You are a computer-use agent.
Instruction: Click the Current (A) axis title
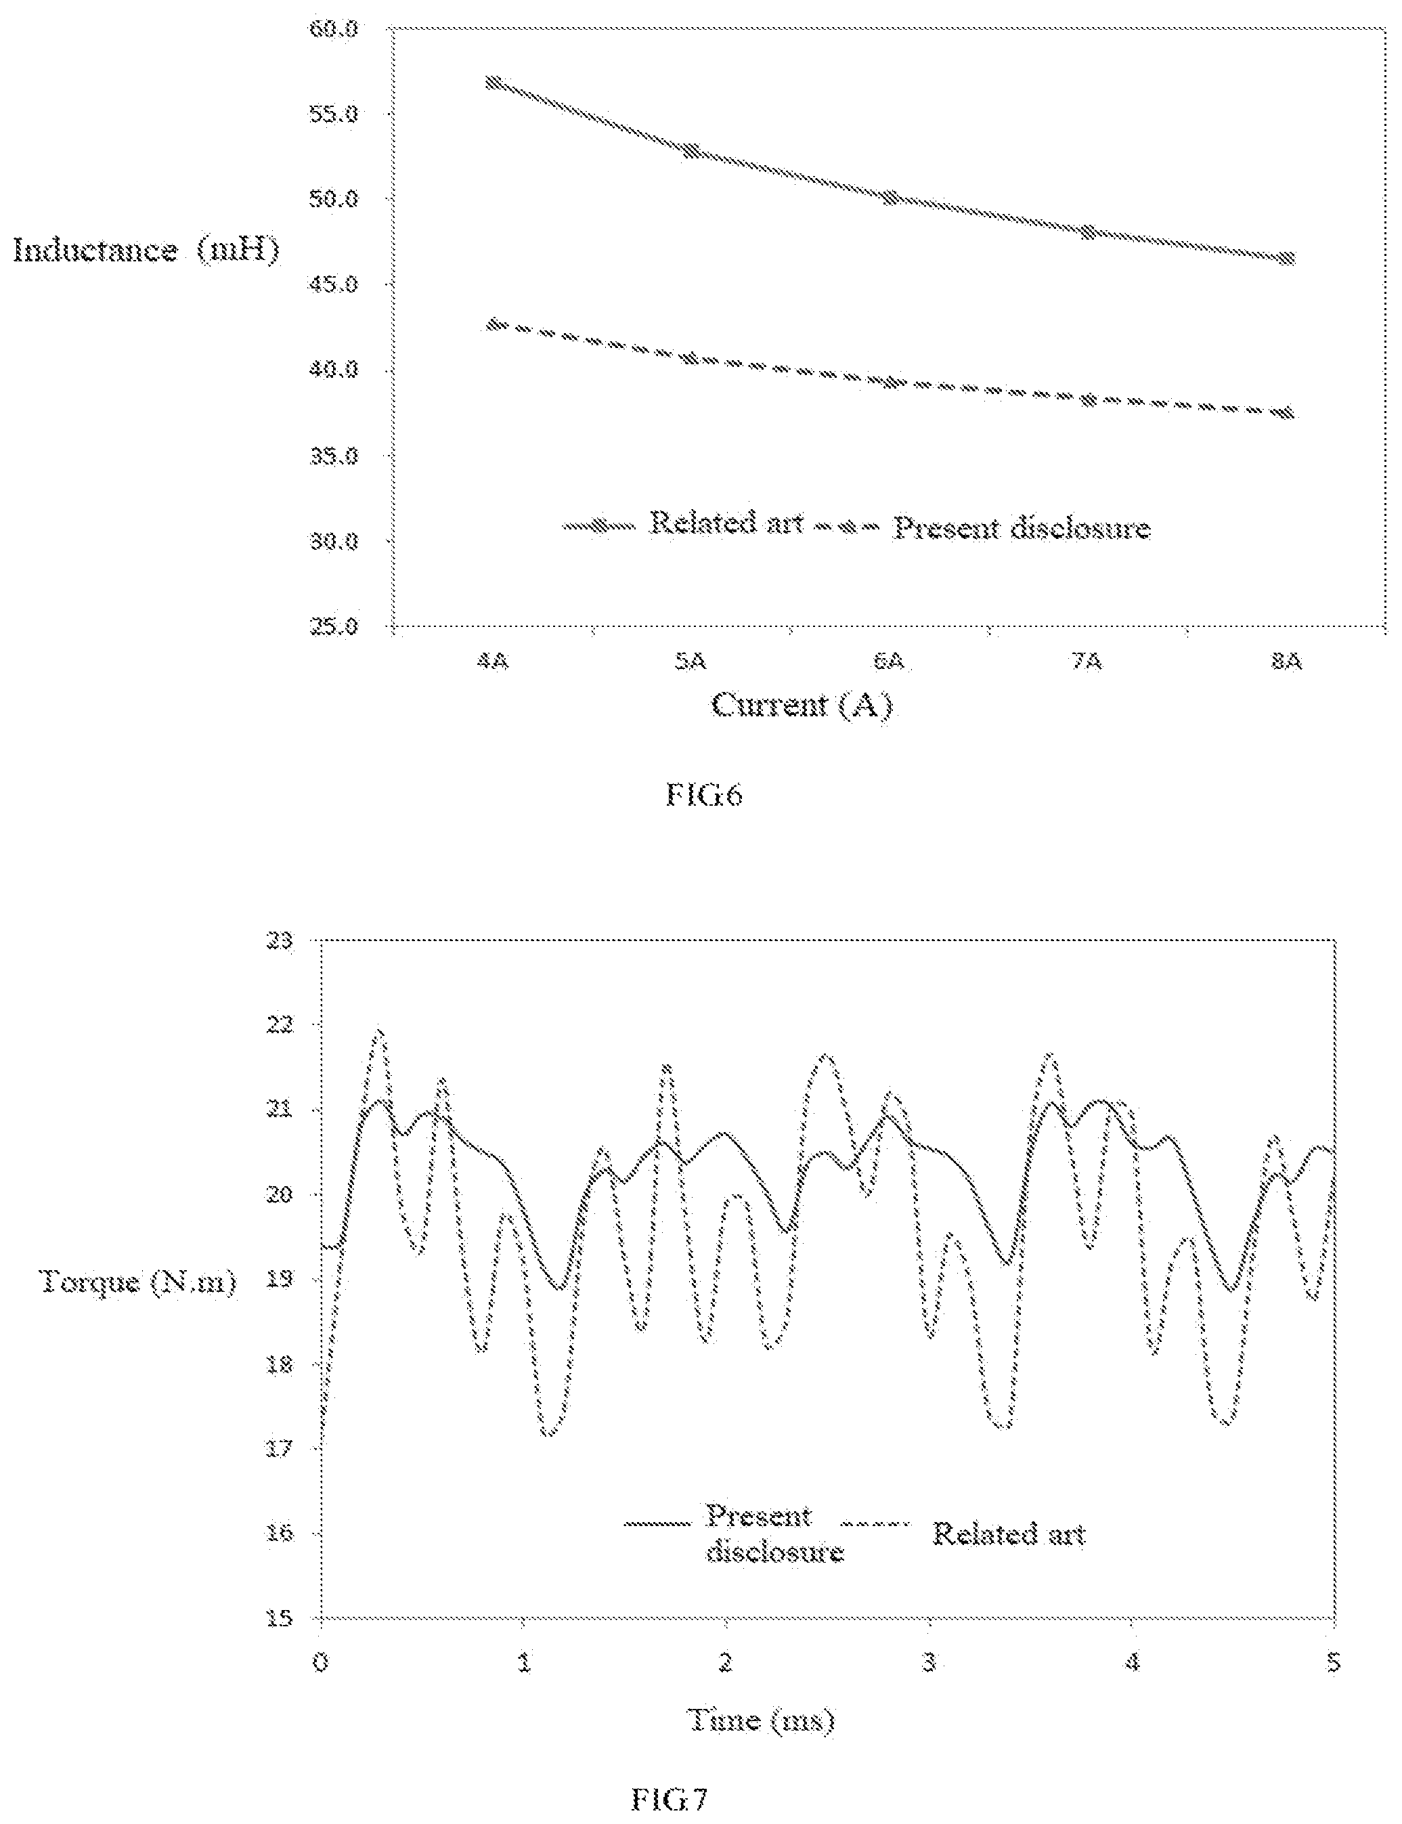point(802,706)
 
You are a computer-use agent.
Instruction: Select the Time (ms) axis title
point(760,1720)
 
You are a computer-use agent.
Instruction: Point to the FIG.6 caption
point(703,795)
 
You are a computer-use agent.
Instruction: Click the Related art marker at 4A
point(494,83)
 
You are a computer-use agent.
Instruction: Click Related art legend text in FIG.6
point(726,523)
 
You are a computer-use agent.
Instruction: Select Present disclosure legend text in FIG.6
point(1022,527)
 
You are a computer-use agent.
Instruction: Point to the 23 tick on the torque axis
point(284,941)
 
